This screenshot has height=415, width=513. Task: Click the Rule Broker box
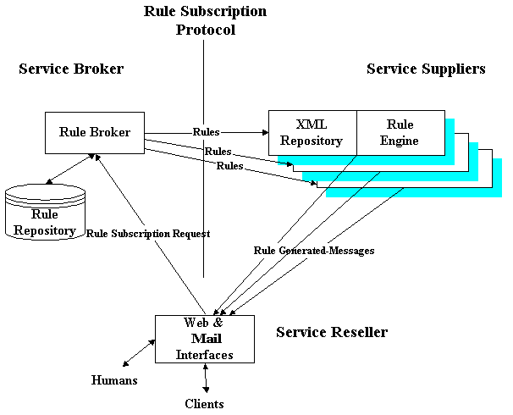coord(94,132)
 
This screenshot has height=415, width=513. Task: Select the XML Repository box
coord(312,133)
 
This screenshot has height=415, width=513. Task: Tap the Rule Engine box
coord(400,133)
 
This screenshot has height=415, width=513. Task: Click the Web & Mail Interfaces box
coord(204,339)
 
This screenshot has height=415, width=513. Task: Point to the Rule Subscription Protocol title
coord(205,20)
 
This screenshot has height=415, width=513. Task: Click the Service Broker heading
coord(71,69)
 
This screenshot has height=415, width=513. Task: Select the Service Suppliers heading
coord(426,69)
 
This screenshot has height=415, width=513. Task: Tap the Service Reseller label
coord(332,332)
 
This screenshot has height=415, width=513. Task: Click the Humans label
coord(114,380)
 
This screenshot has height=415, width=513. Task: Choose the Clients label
coord(204,404)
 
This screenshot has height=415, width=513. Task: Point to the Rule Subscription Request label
coord(148,233)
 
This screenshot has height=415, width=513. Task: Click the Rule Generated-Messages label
coord(314,251)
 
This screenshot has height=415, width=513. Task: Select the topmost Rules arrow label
coord(207,132)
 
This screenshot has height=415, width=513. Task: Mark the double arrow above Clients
coord(205,379)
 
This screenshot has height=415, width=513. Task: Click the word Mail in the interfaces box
coord(204,339)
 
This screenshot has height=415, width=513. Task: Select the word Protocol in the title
coord(205,30)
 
